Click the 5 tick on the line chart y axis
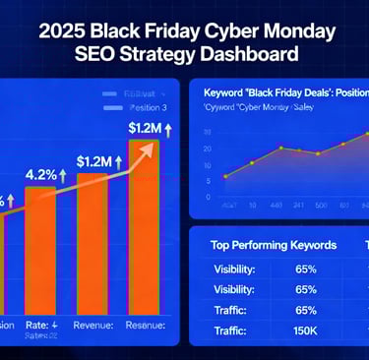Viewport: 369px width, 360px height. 201,178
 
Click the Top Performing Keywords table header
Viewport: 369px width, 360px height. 274,245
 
